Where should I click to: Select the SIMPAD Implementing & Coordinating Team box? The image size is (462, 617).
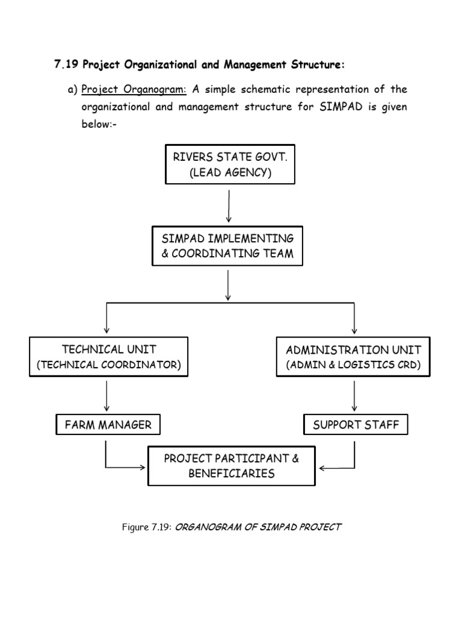227,246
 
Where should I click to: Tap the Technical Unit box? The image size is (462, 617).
109,357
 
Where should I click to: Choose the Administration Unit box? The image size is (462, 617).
353,357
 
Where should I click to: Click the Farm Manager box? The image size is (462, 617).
108,425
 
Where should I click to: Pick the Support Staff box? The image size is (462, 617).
356,425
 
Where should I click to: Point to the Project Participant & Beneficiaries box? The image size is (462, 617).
232,466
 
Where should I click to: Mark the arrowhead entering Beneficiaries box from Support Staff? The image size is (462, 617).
322,468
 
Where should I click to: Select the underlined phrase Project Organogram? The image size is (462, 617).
134,90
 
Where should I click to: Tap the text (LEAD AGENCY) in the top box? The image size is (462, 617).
230,174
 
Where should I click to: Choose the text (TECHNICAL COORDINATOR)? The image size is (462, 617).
109,365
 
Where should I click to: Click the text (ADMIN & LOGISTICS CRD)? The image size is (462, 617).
353,365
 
